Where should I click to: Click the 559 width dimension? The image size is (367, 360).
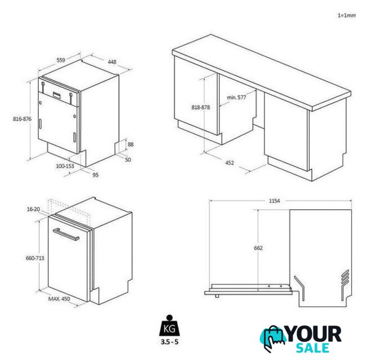tap(61, 60)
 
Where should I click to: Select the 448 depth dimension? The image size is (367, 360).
tap(112, 62)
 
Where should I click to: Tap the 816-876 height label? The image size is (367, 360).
tap(22, 119)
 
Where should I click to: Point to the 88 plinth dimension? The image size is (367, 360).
tap(131, 145)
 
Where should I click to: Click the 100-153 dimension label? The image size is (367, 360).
tap(65, 166)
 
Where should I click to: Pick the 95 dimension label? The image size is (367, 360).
tap(96, 175)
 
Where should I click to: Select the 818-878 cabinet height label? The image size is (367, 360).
tap(200, 107)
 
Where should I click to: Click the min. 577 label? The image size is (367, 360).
tap(236, 97)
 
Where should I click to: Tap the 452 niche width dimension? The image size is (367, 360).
tap(230, 163)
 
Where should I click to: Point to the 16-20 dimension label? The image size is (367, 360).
tap(33, 209)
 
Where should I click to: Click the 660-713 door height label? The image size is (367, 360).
tap(35, 258)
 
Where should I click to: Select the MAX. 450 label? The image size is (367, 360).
tap(59, 299)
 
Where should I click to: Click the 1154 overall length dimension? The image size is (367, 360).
tap(274, 201)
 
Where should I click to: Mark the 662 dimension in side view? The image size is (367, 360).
tap(258, 248)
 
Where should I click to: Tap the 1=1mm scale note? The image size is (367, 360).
tap(347, 15)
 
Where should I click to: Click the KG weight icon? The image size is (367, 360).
tap(169, 326)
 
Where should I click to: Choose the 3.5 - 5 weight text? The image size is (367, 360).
tap(169, 342)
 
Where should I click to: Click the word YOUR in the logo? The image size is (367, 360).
tap(314, 335)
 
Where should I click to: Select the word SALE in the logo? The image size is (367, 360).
tap(312, 348)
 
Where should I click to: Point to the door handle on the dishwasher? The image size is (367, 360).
tap(66, 234)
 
